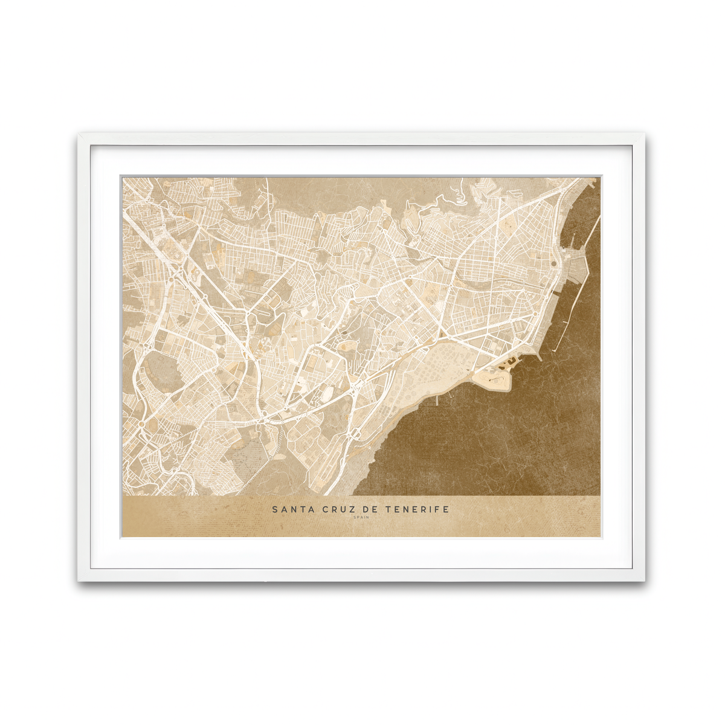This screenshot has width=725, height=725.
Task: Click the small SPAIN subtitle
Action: (x=361, y=518)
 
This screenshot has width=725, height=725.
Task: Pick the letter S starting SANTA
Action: (x=275, y=509)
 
